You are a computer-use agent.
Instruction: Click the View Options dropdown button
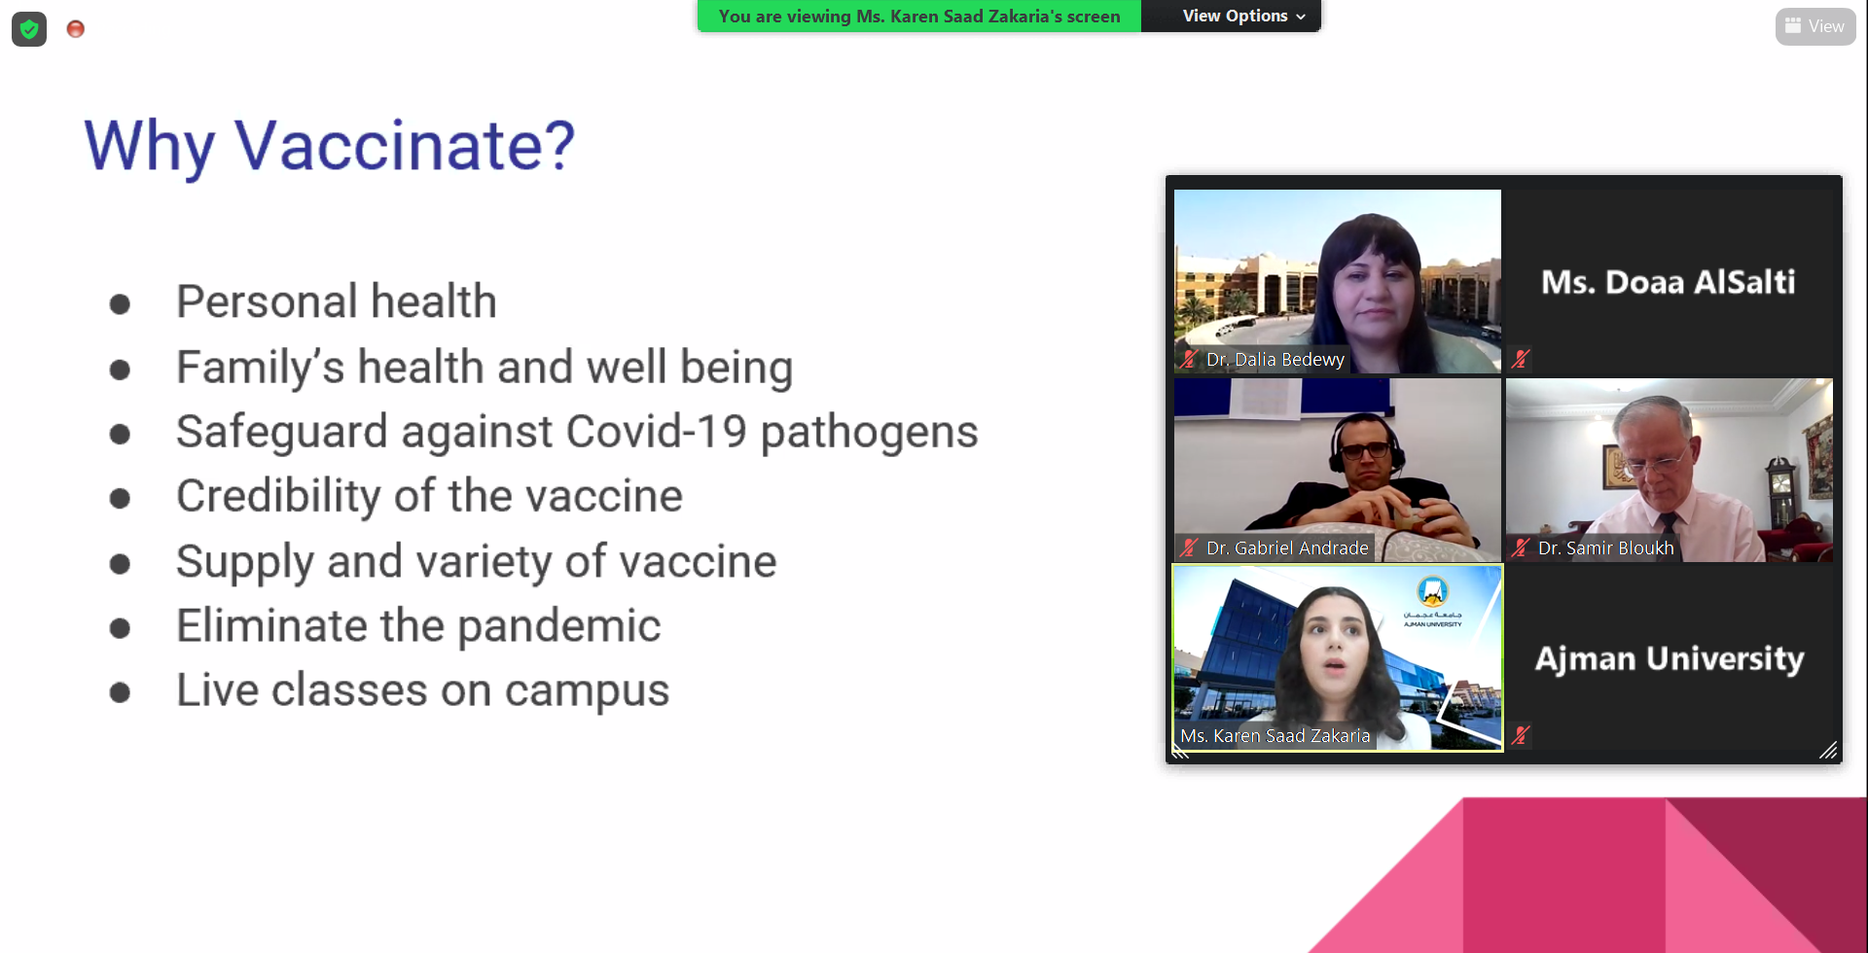(1242, 17)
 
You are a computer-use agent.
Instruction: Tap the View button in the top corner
(1814, 26)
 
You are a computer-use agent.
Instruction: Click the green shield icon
(29, 29)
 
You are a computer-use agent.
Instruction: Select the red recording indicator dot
(76, 29)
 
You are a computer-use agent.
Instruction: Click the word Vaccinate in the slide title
(405, 146)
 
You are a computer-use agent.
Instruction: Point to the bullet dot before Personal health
(120, 304)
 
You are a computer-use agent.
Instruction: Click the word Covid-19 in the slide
(656, 431)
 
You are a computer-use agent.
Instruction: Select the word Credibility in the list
(278, 497)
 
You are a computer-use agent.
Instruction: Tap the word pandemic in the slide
(559, 626)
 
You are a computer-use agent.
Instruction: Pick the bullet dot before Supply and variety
(120, 563)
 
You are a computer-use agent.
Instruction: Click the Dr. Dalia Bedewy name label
(1275, 360)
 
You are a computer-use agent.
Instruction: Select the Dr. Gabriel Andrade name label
(1287, 548)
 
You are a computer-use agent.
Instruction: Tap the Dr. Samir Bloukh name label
(1605, 548)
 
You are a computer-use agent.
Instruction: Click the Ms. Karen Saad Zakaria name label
(1275, 736)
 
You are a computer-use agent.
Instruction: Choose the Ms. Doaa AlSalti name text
(1669, 282)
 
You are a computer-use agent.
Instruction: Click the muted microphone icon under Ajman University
(1521, 735)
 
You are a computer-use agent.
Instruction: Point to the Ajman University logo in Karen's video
(1432, 602)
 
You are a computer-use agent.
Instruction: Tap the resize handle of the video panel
(1828, 750)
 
